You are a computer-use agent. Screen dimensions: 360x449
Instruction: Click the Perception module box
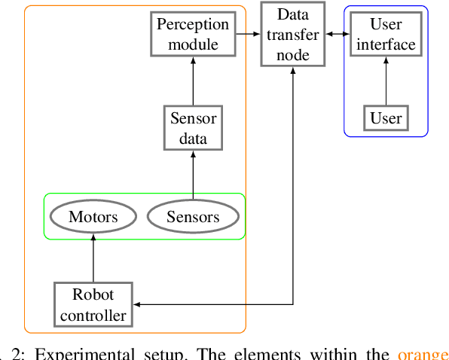(x=193, y=35)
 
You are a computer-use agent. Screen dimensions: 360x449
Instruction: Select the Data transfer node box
(x=293, y=35)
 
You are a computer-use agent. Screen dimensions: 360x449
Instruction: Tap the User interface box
(x=386, y=35)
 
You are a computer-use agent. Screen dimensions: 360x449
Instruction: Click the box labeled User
(x=386, y=117)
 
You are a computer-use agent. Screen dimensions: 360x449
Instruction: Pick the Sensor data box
(x=193, y=128)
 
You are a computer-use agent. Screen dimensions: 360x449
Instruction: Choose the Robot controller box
(x=93, y=304)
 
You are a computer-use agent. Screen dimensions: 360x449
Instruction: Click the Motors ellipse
(x=93, y=218)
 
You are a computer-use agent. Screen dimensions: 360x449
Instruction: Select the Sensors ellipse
(x=193, y=218)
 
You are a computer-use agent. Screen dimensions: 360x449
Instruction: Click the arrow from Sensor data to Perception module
(x=193, y=81)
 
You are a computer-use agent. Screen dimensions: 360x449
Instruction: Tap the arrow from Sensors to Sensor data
(x=193, y=175)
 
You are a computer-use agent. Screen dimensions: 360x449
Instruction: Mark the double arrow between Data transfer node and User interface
(x=339, y=35)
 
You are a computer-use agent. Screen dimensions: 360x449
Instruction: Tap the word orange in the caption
(x=423, y=354)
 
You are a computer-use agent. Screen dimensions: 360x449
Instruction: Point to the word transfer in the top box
(x=293, y=35)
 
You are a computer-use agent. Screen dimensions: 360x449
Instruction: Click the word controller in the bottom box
(x=93, y=314)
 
